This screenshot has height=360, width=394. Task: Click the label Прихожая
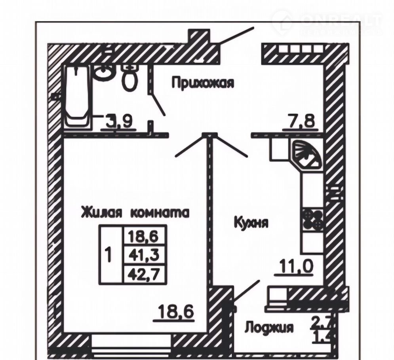(203, 83)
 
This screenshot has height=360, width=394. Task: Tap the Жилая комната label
(135, 212)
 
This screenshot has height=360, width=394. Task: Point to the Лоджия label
(269, 328)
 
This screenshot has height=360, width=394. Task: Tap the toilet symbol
(129, 78)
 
